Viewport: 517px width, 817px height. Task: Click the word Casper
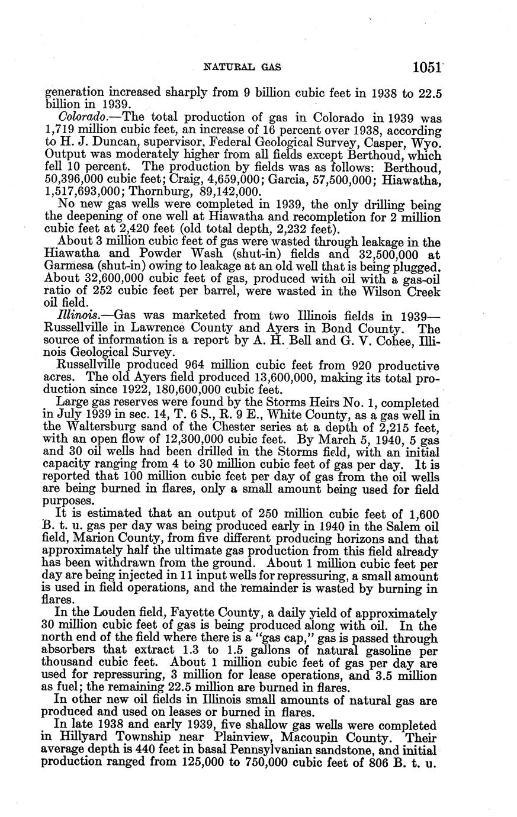(x=385, y=142)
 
